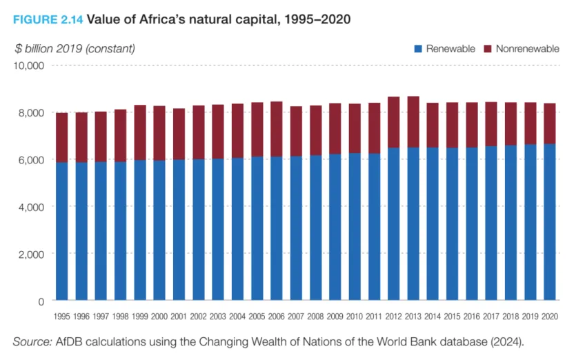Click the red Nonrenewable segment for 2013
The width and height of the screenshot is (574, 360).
tap(413, 122)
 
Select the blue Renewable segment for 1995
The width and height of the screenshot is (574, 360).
tap(62, 231)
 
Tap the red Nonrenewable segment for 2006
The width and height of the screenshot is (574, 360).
tap(277, 129)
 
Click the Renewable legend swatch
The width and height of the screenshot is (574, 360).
tap(417, 49)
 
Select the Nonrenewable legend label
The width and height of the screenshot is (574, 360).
tap(527, 49)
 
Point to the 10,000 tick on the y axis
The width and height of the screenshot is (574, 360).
tap(29, 66)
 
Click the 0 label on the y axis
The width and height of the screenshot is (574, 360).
tap(41, 301)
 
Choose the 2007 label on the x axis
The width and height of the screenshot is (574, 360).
tap(296, 316)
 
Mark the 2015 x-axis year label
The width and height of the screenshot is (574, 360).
tap(452, 316)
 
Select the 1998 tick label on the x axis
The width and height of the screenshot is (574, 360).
tap(121, 316)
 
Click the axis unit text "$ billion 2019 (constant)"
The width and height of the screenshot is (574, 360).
tap(75, 48)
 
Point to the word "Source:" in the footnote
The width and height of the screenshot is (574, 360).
tap(32, 342)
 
